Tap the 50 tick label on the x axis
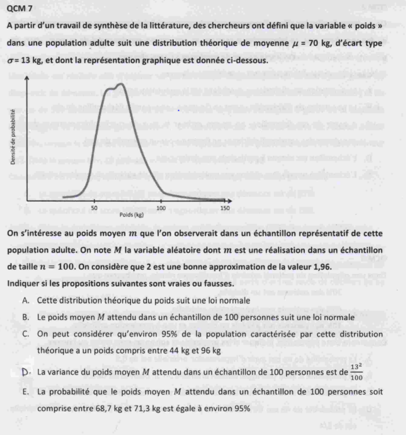click(x=94, y=208)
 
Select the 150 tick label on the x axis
click(x=225, y=208)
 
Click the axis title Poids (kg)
click(x=131, y=215)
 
